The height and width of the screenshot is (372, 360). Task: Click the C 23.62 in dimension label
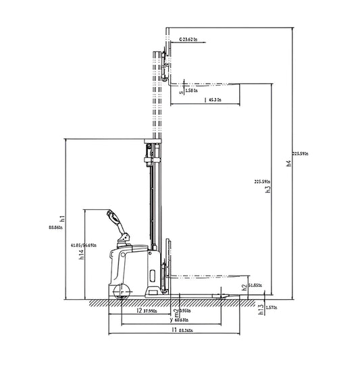pos(190,40)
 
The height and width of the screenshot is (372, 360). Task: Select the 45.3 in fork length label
pos(215,101)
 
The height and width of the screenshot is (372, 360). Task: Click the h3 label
pos(268,190)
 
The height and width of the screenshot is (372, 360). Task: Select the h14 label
pos(81,255)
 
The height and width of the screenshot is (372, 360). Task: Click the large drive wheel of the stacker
pos(122,292)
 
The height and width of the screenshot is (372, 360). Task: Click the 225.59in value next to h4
pos(301,154)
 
